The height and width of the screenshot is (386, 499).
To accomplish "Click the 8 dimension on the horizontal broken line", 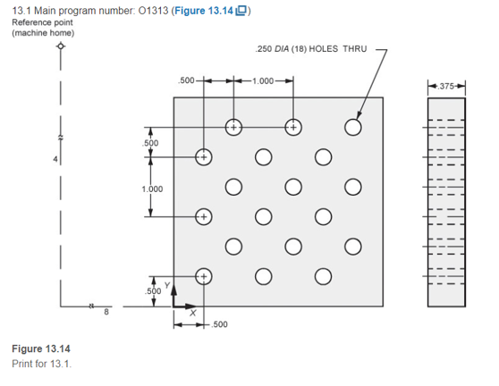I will click(106, 311).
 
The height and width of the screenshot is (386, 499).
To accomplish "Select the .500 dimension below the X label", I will click(218, 324).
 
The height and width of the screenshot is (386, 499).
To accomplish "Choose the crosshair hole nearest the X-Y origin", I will click(204, 276).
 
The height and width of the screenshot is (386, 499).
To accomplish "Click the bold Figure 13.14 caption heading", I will click(40, 348).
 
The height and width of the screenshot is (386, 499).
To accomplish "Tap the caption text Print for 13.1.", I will click(40, 364).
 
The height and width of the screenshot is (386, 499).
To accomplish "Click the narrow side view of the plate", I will click(445, 202).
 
